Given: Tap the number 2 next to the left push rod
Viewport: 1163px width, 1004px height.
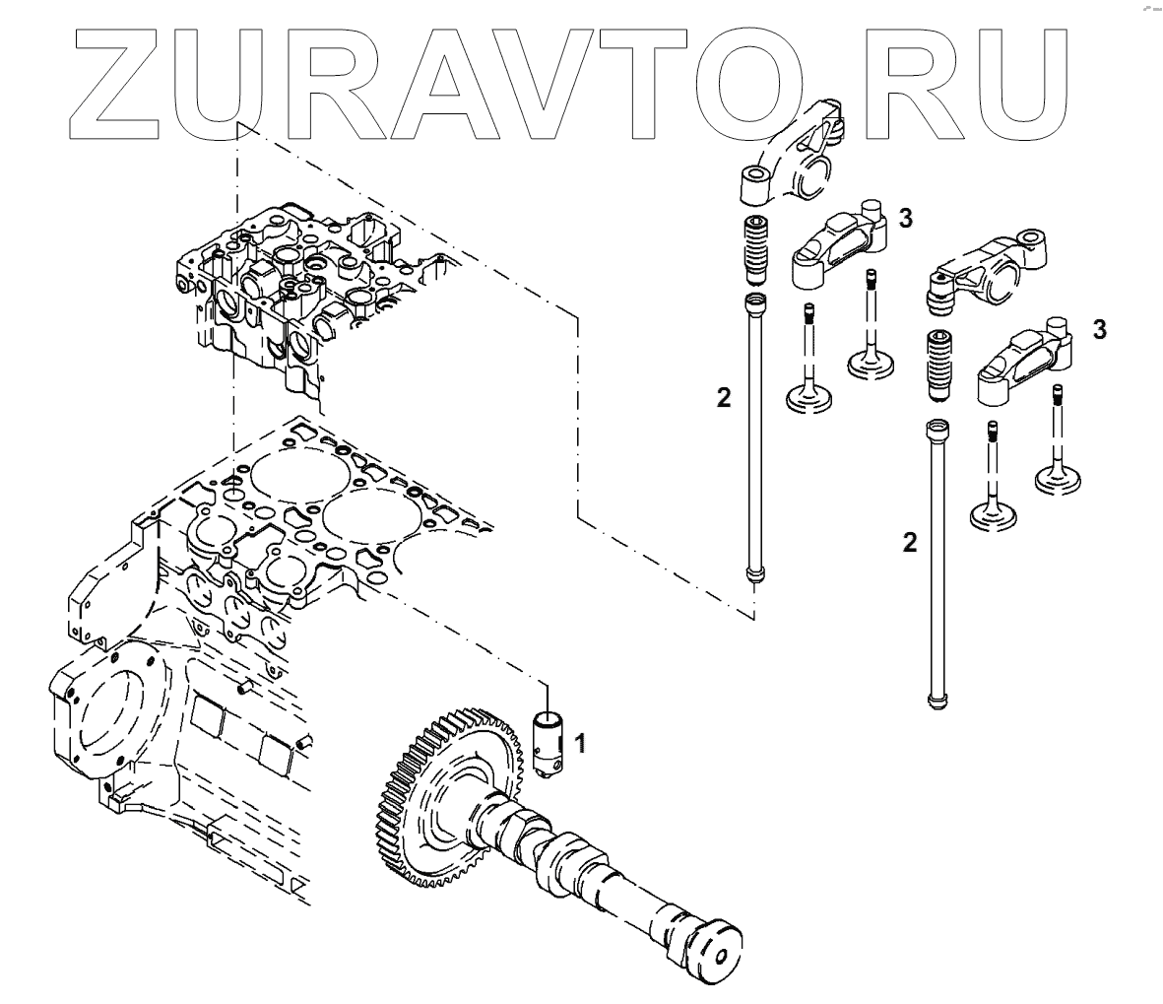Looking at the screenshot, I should (x=724, y=398).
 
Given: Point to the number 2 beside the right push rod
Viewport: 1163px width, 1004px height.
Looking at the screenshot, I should (x=911, y=541).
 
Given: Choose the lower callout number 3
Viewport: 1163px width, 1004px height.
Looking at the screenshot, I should (x=1099, y=329).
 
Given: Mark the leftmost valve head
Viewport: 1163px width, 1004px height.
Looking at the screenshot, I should (x=810, y=399).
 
